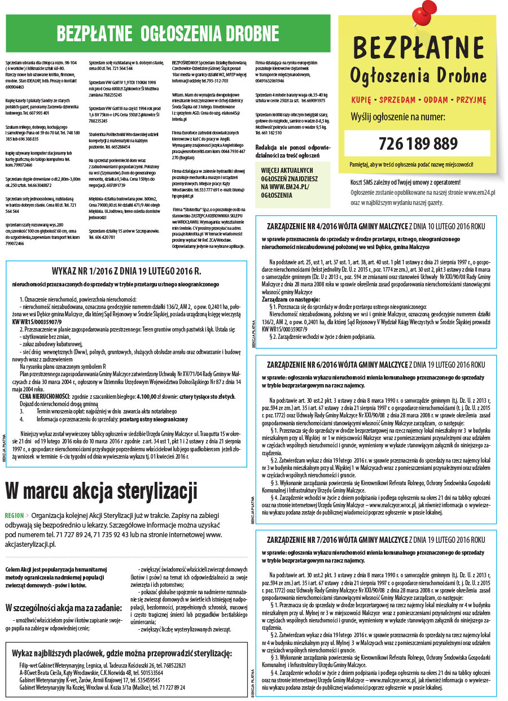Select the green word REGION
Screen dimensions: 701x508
point(14,516)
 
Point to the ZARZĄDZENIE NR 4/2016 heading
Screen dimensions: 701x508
point(376,227)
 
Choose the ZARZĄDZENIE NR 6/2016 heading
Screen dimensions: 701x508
point(376,365)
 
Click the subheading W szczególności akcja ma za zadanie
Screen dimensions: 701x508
point(63,608)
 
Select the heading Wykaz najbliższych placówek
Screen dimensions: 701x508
point(122,654)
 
